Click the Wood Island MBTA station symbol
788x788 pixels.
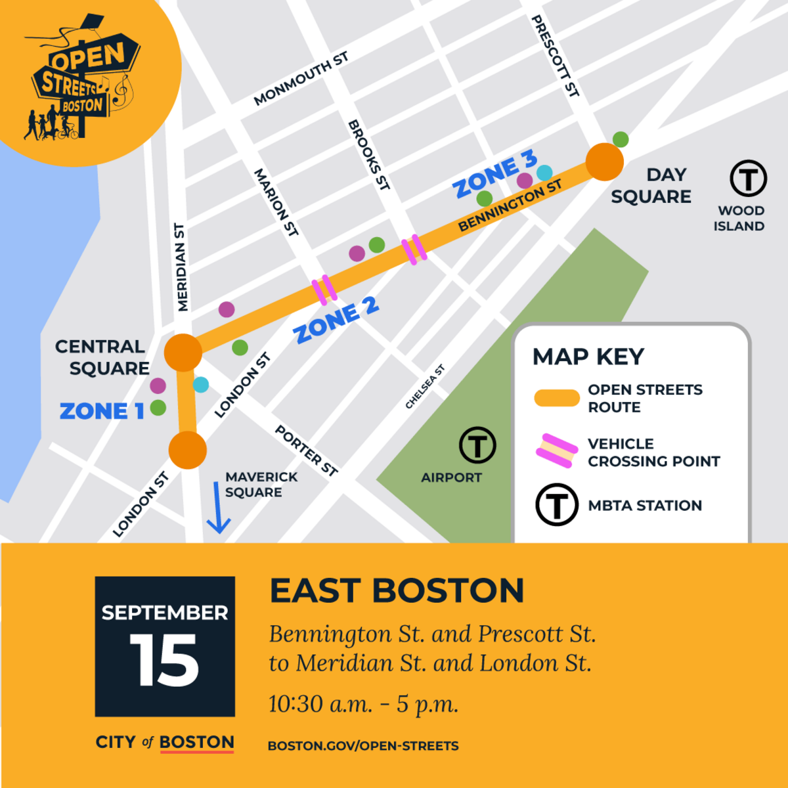point(749,179)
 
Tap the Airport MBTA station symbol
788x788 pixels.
point(477,445)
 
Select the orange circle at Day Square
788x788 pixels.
point(604,162)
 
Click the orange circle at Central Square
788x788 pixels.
point(183,353)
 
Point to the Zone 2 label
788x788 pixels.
point(336,320)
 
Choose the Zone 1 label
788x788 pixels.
point(102,411)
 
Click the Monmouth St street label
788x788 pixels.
point(301,79)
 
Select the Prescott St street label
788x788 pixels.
point(555,56)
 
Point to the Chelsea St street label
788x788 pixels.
point(425,387)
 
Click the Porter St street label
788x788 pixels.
point(306,450)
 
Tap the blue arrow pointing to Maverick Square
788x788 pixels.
point(217,508)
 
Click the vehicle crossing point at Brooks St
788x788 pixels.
point(414,250)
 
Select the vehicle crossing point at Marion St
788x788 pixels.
point(324,290)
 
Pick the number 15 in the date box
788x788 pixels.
point(164,661)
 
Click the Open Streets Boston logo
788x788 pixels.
point(82,82)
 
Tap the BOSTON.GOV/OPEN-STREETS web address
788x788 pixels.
point(363,746)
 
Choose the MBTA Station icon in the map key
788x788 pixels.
point(557,505)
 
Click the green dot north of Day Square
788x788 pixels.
point(621,139)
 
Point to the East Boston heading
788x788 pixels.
point(397,590)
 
